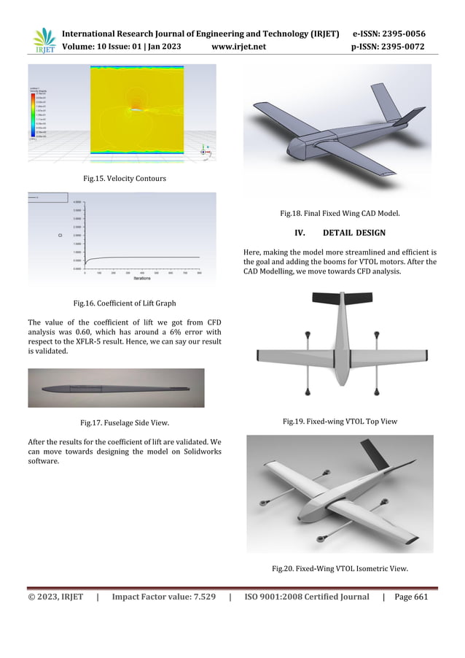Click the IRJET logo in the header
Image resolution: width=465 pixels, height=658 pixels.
(44, 41)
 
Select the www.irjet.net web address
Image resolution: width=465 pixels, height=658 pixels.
(238, 47)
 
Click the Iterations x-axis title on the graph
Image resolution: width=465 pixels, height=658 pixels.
(143, 278)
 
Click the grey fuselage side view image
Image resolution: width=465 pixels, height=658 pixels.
(117, 387)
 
